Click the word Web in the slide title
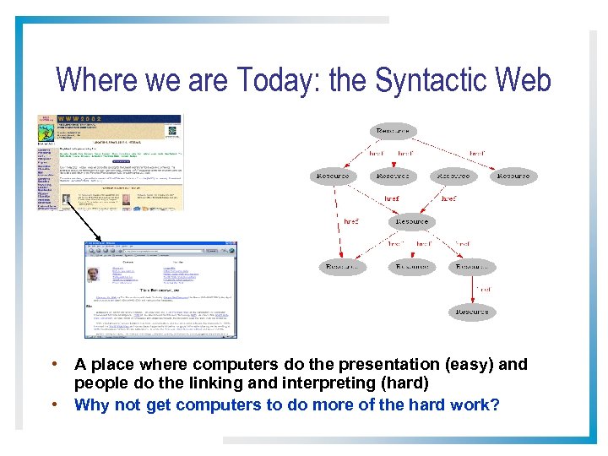click(524, 80)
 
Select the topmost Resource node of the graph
click(392, 131)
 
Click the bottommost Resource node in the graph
click(471, 312)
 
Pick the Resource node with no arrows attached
click(513, 176)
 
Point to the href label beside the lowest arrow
click(482, 289)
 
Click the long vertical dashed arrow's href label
click(350, 221)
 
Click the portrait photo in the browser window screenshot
click(92, 274)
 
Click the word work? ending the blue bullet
click(475, 404)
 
